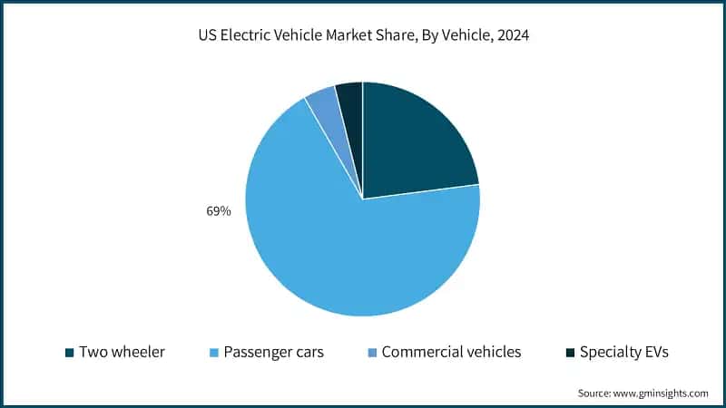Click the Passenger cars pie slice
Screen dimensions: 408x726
click(345, 245)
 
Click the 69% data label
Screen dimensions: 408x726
click(219, 211)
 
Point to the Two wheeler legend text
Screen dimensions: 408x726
click(122, 352)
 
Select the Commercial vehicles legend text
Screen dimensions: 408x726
click(451, 352)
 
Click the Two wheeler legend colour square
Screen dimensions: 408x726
click(70, 352)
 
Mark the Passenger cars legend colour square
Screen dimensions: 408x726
click(214, 352)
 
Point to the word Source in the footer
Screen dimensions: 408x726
click(595, 393)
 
